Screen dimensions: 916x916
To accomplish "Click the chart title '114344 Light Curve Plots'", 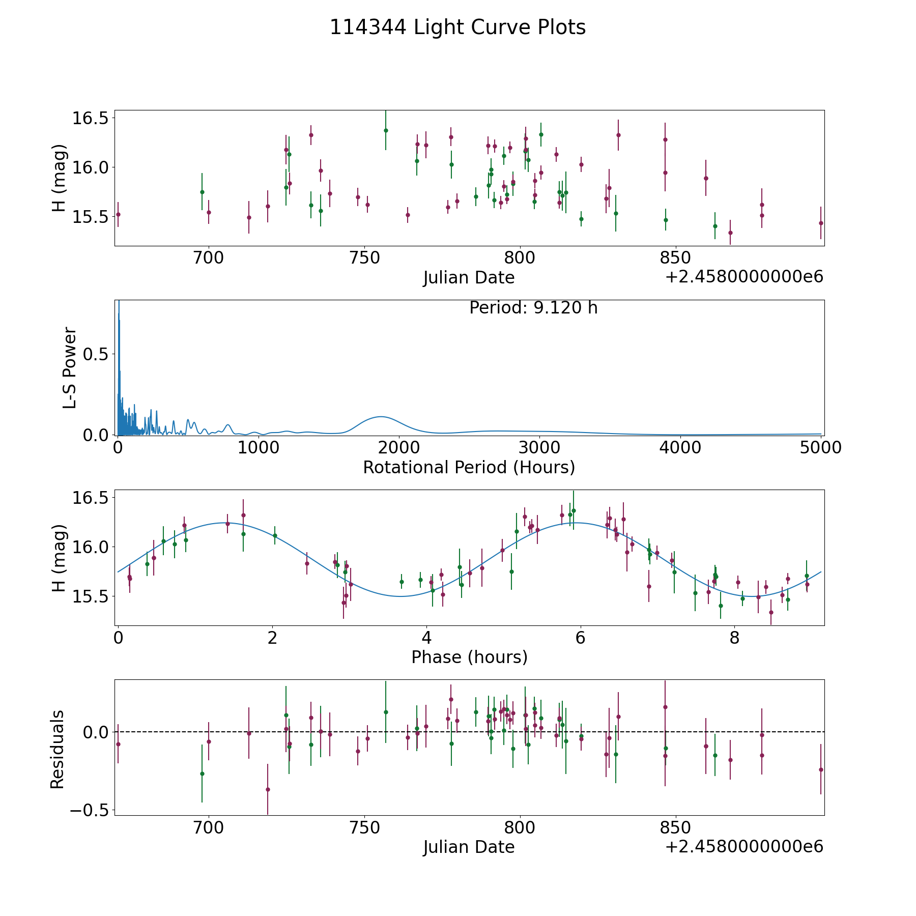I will [457, 27].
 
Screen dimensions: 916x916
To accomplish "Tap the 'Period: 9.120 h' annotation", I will [533, 308].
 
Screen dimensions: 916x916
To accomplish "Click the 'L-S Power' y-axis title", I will [70, 368].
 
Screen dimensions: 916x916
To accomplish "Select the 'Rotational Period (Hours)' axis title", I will [469, 467].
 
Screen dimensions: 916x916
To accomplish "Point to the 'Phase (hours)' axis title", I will [469, 657].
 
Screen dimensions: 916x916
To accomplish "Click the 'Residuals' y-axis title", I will [58, 749].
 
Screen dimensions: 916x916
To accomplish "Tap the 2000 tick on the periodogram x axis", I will [399, 447].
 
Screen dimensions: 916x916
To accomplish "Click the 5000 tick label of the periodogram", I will [820, 447].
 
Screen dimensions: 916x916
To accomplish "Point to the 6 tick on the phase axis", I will [580, 638].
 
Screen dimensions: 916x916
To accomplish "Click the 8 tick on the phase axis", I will [734, 638].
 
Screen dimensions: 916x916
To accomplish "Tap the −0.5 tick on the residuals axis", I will [85, 810].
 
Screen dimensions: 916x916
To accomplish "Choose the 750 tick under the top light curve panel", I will [364, 258].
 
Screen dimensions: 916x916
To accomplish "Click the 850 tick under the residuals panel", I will [675, 827].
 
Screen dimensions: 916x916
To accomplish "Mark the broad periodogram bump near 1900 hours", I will [380, 417].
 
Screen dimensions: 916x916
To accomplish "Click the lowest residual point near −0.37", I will [268, 789].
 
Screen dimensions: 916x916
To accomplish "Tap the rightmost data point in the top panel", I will [821, 223].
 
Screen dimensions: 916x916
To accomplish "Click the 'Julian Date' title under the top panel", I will [469, 278].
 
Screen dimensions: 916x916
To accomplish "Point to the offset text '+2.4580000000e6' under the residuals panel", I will [744, 847].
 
